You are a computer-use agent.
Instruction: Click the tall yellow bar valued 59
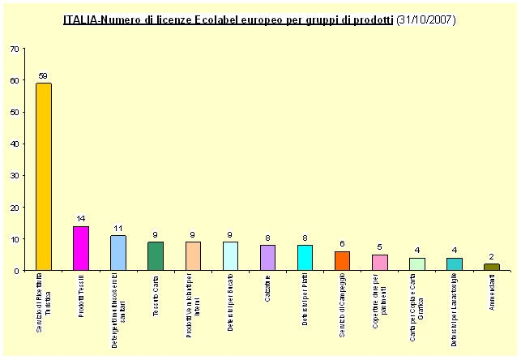click(x=44, y=177)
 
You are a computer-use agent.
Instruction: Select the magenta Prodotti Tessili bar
click(x=81, y=248)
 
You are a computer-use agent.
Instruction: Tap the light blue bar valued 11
click(x=118, y=253)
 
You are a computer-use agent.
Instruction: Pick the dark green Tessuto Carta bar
click(x=156, y=256)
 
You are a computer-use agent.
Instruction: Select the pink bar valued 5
click(x=379, y=263)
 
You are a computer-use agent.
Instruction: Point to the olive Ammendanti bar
click(x=492, y=267)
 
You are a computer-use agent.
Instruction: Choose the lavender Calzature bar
click(x=267, y=258)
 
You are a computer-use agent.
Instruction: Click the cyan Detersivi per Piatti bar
click(x=305, y=258)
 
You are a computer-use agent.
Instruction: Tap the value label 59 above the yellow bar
click(x=43, y=76)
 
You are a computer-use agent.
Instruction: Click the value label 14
click(x=81, y=219)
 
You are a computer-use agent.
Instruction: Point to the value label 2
click(x=492, y=257)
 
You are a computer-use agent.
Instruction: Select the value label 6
click(x=342, y=244)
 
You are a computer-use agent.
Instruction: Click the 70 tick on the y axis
click(x=15, y=49)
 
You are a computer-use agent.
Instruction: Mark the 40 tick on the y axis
click(x=15, y=144)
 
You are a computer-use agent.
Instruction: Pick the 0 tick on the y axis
click(x=18, y=271)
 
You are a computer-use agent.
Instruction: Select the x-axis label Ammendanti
click(x=492, y=297)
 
